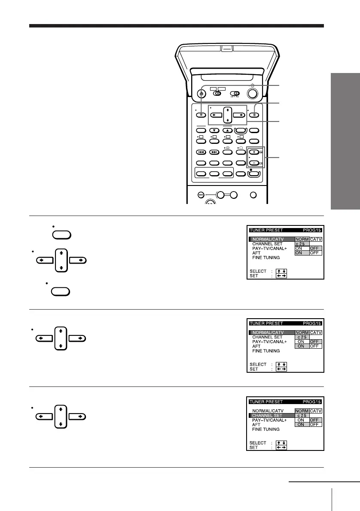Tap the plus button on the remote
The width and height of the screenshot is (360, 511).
click(254, 152)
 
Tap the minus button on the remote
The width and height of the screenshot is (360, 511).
click(254, 164)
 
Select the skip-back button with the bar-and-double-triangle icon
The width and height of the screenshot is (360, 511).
click(201, 152)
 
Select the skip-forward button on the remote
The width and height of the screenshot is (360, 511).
click(214, 152)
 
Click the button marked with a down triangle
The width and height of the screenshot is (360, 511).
click(214, 131)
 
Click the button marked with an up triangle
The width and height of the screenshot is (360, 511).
click(228, 131)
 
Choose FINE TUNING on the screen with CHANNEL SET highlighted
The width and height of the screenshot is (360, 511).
click(266, 429)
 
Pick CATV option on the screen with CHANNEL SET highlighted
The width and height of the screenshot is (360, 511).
click(316, 411)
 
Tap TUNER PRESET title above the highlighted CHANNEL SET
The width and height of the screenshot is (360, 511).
click(266, 402)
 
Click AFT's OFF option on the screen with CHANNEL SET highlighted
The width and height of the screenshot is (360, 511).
click(316, 424)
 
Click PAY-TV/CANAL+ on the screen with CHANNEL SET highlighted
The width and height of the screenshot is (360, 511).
click(269, 420)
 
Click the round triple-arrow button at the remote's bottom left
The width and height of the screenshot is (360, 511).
click(201, 195)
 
